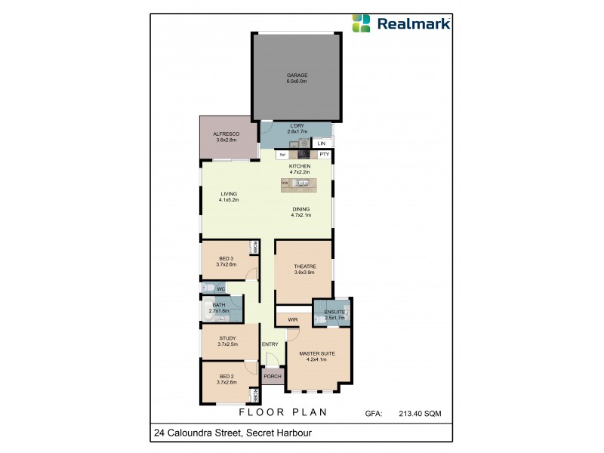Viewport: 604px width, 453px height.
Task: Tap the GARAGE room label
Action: point(296,75)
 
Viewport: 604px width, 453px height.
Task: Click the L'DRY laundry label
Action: point(296,127)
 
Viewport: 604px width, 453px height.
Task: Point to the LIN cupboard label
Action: point(322,143)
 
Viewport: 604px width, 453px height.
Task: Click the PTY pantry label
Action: point(324,155)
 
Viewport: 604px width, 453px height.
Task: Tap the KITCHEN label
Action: point(300,166)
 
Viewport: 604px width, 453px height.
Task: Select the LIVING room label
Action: point(229,194)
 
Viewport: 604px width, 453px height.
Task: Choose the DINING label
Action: point(301,210)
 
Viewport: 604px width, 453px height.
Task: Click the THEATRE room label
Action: point(304,267)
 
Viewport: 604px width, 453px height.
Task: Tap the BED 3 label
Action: point(227,259)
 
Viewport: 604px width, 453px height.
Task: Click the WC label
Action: point(220,288)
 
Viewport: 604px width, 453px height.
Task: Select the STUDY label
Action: point(227,338)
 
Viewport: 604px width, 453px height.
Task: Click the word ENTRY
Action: point(270,345)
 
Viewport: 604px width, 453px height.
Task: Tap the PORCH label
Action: point(272,376)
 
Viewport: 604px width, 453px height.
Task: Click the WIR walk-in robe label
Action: point(293,319)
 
